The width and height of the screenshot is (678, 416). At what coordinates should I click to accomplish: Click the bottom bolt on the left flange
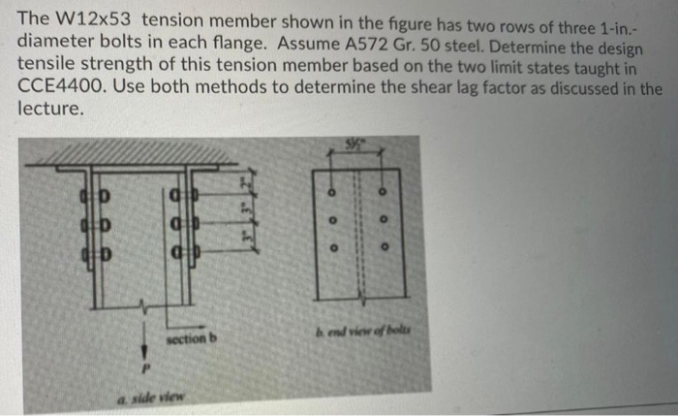coord(95,257)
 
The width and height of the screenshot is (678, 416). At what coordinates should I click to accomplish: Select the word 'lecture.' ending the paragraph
coord(50,110)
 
